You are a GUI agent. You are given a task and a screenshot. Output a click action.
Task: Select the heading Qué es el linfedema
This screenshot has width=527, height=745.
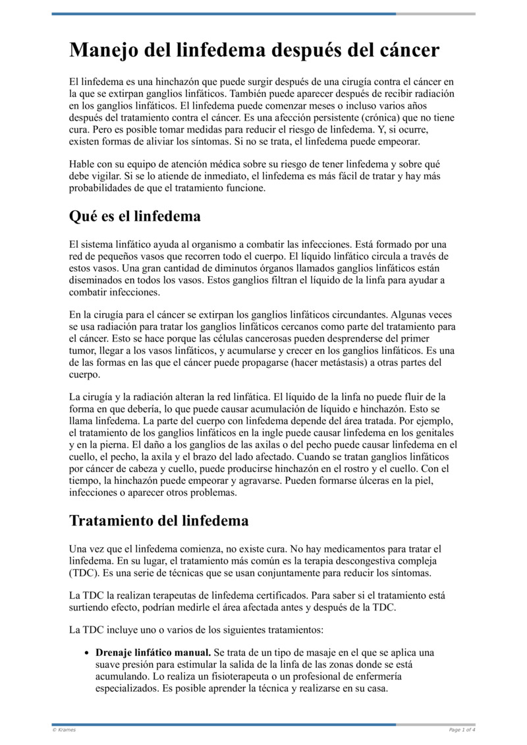(x=135, y=216)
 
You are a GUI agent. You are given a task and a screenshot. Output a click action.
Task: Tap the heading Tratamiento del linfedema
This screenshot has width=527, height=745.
(x=159, y=520)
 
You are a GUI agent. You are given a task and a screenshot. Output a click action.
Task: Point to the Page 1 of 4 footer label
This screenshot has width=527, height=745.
(x=462, y=730)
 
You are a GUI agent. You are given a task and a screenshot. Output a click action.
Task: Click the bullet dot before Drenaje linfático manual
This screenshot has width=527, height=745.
(x=88, y=653)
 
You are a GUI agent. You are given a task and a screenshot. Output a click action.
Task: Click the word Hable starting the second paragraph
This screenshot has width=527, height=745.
(x=82, y=164)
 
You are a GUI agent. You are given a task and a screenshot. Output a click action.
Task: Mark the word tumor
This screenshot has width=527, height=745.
(x=82, y=351)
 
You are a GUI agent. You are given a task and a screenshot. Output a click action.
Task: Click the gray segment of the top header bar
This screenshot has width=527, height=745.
(x=435, y=14)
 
